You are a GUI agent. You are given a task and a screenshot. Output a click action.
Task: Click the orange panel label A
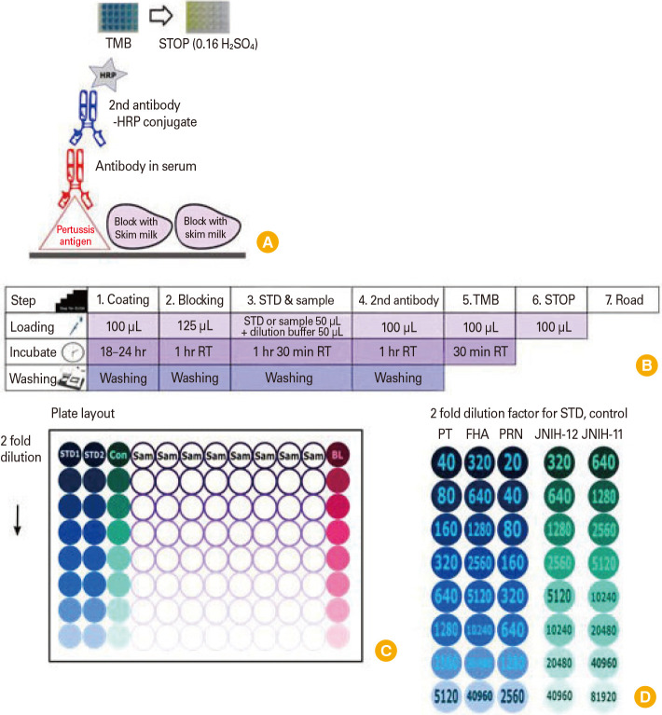pyautogui.click(x=268, y=241)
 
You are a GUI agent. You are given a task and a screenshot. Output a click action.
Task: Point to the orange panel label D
pyautogui.click(x=644, y=695)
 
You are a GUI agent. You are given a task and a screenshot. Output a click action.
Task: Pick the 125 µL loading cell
pyautogui.click(x=195, y=326)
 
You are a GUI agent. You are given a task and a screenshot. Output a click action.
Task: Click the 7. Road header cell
pyautogui.click(x=624, y=300)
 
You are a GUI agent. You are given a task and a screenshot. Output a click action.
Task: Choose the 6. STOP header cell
pyautogui.click(x=551, y=300)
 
